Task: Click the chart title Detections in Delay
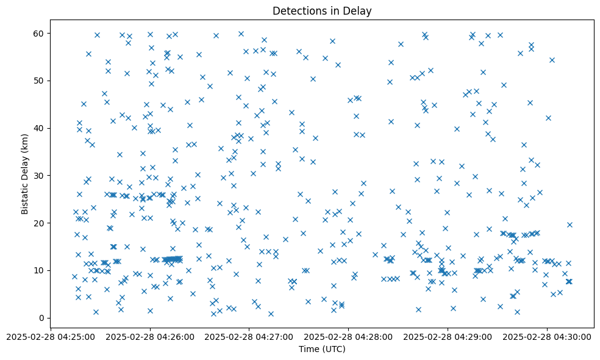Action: click(x=322, y=10)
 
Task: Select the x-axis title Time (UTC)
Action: click(x=322, y=349)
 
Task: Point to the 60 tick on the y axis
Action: click(x=29, y=33)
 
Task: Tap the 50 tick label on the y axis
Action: click(x=29, y=81)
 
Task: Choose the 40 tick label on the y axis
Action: click(x=29, y=128)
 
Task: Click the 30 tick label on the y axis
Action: click(x=29, y=176)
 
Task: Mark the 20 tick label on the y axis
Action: click(x=29, y=223)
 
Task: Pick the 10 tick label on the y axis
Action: click(x=29, y=270)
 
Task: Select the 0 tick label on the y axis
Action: click(x=32, y=318)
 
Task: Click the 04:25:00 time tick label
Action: click(x=51, y=336)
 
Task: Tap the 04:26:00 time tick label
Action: click(x=150, y=336)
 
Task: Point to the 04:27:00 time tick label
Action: click(x=249, y=336)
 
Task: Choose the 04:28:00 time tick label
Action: click(x=349, y=336)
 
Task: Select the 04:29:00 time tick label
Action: click(x=448, y=336)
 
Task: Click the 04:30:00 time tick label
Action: click(x=548, y=336)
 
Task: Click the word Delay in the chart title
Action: click(x=359, y=10)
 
